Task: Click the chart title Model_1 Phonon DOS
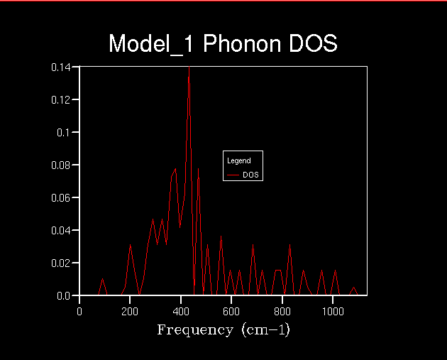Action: click(x=223, y=44)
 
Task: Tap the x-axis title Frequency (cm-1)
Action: click(x=223, y=330)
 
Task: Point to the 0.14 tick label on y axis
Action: click(x=60, y=67)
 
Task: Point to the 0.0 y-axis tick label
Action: click(x=64, y=295)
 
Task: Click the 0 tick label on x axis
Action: click(x=79, y=310)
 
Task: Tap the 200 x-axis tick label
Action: click(x=131, y=310)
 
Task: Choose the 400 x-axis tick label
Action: click(x=181, y=310)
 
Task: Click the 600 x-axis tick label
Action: click(x=232, y=310)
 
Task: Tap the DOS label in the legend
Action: click(x=250, y=175)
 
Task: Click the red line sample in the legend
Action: click(x=233, y=175)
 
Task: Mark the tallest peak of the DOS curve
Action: click(x=189, y=67)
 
